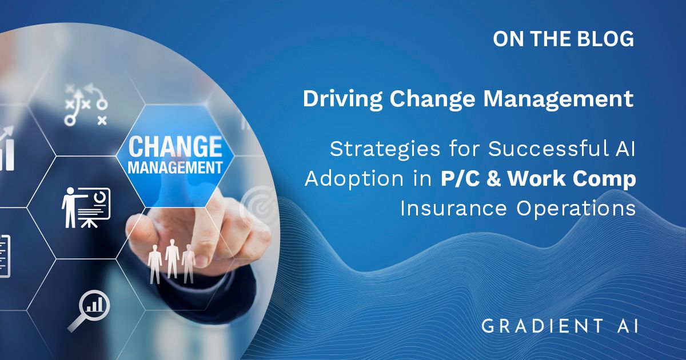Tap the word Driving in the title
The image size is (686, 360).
tap(342, 99)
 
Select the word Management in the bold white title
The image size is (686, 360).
tap(559, 99)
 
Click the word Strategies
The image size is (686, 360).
tap(385, 150)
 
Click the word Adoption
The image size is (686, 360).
tap(354, 179)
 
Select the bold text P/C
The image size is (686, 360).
tap(460, 179)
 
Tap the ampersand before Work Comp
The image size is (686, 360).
tap(494, 179)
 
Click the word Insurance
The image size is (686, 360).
tap(453, 209)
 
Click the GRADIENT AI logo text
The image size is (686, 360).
tap(560, 326)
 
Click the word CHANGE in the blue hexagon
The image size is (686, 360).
tap(176, 147)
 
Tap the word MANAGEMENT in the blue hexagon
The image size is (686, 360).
tap(175, 168)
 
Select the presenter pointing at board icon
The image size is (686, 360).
tap(86, 208)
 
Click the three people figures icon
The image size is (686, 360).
tap(171, 262)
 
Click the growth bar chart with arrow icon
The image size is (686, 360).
tap(7, 149)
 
